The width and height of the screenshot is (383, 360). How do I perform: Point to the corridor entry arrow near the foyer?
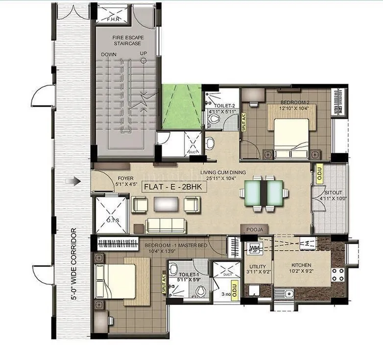pos(76,182)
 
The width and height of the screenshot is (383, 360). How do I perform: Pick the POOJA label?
pos(254,229)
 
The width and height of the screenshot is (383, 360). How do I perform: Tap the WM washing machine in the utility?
pos(254,248)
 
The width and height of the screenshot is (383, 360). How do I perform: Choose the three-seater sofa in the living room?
pos(166,225)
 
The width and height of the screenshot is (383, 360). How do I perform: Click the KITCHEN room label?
pos(302,265)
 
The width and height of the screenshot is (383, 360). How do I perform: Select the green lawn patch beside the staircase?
pos(182,107)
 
